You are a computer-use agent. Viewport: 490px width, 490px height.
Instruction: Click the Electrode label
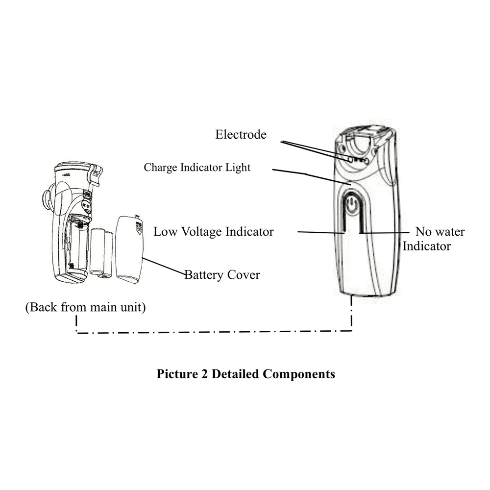coord(241,134)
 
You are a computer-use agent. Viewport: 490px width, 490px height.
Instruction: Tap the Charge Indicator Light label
coord(197,168)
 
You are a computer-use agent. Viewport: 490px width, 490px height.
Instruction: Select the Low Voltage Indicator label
coord(213,231)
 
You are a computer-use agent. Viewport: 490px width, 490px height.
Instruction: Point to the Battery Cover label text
coord(222,274)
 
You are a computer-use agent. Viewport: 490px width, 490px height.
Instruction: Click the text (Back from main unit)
coord(85,308)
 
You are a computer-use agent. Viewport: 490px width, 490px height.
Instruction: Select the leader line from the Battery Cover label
coord(163,266)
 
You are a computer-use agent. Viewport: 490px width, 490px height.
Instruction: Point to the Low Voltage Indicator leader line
coord(318,232)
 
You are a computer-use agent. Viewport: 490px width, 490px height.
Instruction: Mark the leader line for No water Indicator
coord(385,232)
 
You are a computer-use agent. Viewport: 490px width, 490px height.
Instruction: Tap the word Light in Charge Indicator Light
coord(238,168)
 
